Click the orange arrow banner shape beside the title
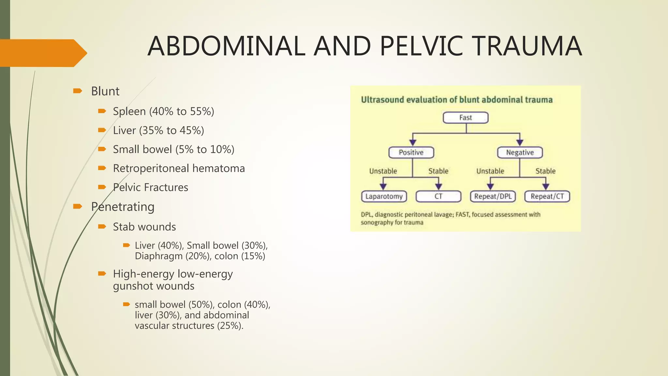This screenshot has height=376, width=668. [x=42, y=53]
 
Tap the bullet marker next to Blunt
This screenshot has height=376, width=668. [x=78, y=91]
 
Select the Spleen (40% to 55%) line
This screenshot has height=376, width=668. [x=163, y=112]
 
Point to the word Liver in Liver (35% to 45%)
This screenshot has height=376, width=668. [x=124, y=131]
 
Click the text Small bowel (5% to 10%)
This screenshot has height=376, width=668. [x=174, y=149]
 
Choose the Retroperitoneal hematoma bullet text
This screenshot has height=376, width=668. [x=179, y=168]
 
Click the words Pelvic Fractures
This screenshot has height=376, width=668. [x=150, y=187]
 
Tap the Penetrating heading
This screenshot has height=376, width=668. [x=123, y=207]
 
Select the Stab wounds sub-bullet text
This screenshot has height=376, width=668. [x=144, y=227]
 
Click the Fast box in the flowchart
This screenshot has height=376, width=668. [x=465, y=118]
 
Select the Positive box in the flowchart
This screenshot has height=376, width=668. [x=411, y=152]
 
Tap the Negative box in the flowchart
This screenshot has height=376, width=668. [x=520, y=152]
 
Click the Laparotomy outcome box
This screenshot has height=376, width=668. [x=384, y=196]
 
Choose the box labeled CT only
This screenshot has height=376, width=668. [x=438, y=196]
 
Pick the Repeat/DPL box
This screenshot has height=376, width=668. [x=493, y=196]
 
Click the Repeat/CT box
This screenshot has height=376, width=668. [x=547, y=196]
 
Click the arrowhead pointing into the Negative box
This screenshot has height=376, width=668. [x=520, y=143]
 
